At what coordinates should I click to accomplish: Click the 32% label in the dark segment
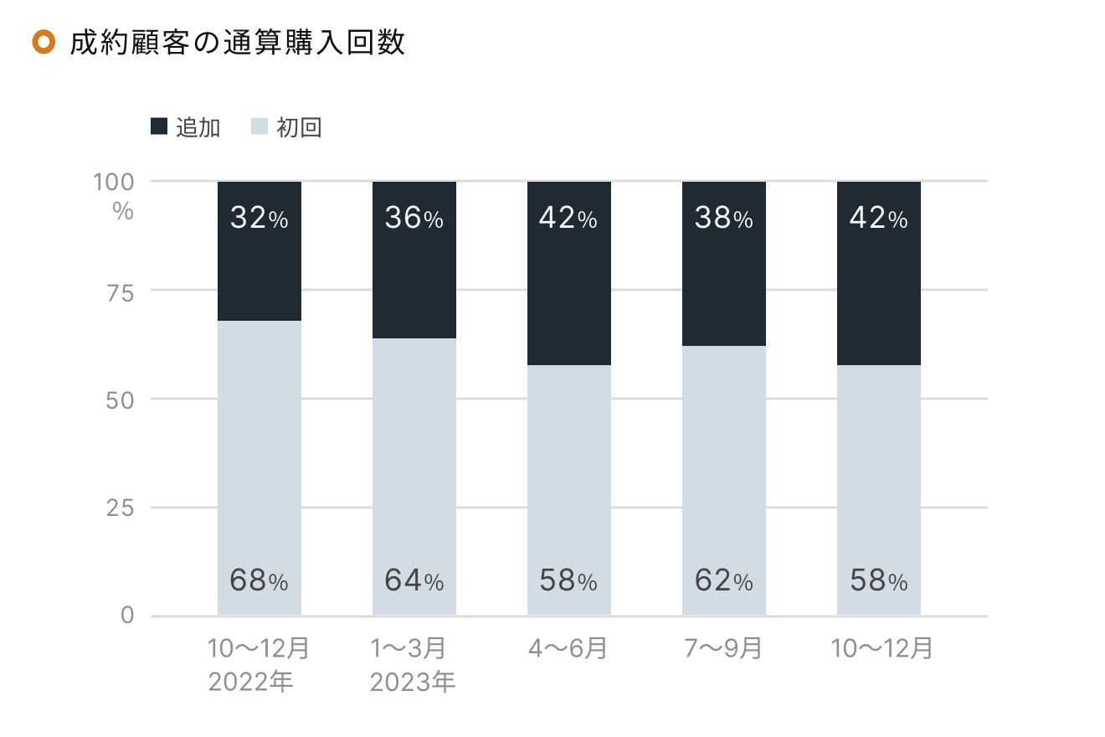point(259,219)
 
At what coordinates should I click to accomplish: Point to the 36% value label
point(414,219)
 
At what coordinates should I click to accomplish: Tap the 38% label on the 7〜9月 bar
point(723,219)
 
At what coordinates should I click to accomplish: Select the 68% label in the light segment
point(259,580)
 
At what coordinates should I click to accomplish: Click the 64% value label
point(414,580)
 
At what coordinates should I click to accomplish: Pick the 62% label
point(723,580)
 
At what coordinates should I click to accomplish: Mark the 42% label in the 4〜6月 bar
point(568,219)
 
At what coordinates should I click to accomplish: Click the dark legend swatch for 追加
point(159,127)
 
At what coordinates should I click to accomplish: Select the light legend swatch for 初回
point(260,127)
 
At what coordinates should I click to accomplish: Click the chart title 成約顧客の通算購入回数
point(238,43)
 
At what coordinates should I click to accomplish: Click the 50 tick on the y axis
point(118,400)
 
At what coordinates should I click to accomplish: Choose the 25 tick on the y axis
point(118,508)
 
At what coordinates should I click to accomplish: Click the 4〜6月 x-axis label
point(568,649)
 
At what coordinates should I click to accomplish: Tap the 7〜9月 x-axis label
point(723,649)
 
